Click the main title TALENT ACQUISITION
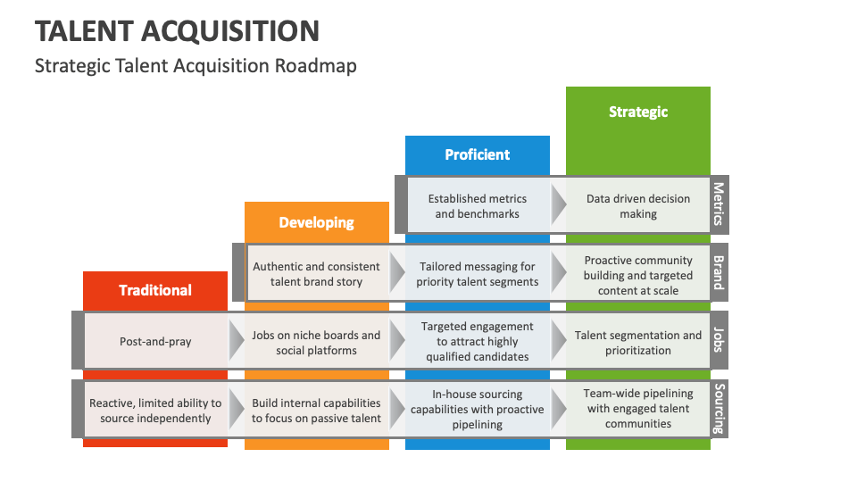tap(177, 31)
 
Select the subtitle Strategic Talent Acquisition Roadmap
tap(196, 66)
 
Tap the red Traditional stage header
tap(155, 290)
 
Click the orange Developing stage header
tap(316, 222)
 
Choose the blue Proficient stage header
tap(477, 154)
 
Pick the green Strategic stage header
tap(637, 112)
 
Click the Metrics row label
tap(719, 205)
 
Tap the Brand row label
tap(719, 272)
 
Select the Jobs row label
tap(719, 340)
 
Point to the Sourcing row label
tap(719, 409)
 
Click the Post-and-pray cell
tap(155, 342)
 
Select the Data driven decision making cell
tap(637, 206)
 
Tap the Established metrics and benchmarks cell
tap(477, 206)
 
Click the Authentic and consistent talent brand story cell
tap(316, 273)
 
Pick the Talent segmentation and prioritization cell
tap(637, 342)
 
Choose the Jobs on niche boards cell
tap(316, 342)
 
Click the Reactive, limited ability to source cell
tap(155, 410)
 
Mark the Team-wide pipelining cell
tap(637, 409)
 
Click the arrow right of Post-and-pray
tap(237, 342)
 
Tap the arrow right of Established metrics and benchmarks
tap(558, 206)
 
